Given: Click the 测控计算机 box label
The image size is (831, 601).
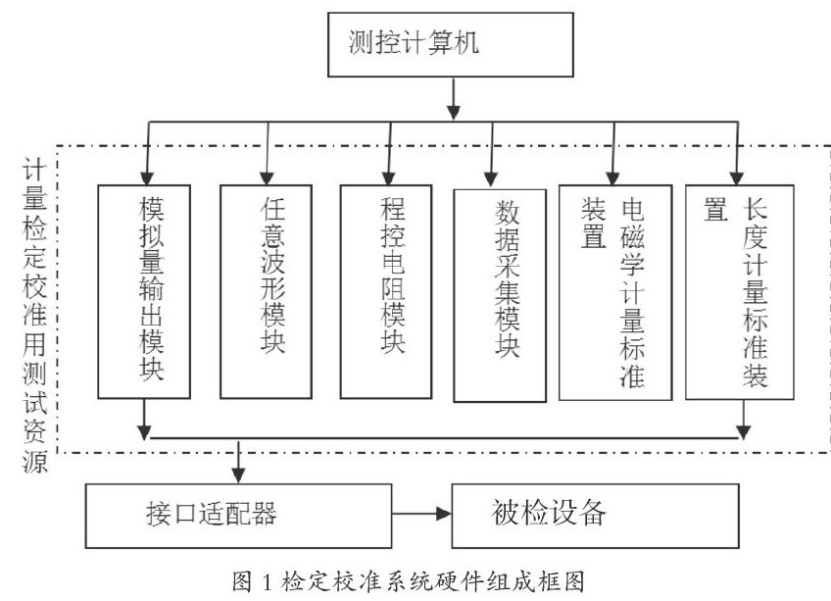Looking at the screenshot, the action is [x=414, y=42].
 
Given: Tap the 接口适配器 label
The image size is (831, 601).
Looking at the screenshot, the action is [x=211, y=514].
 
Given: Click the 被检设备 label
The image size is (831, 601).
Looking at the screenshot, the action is [x=549, y=513].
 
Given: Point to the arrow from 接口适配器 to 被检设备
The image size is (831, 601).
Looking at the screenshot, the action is [x=421, y=514].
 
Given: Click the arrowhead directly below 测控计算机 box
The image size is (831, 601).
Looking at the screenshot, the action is [x=453, y=113].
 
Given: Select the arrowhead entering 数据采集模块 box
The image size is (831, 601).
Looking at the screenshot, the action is [x=491, y=178].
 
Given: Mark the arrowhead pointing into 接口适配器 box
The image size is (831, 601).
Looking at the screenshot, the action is [x=238, y=476].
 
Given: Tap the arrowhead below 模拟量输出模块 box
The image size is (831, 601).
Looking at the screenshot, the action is [x=144, y=431].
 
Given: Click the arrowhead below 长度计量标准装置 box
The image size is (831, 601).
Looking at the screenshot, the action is [x=744, y=431].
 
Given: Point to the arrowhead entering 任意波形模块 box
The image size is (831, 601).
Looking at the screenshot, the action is [x=267, y=177].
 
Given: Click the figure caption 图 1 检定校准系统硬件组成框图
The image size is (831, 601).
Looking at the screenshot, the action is [x=408, y=580].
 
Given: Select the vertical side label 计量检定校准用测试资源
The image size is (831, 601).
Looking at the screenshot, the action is [x=35, y=317].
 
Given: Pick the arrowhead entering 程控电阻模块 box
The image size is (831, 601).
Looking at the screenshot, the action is [x=388, y=177].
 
